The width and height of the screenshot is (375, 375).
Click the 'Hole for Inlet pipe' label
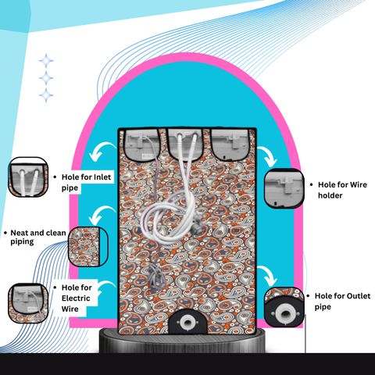pos(86,182)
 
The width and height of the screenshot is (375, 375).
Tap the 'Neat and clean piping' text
pos(38,237)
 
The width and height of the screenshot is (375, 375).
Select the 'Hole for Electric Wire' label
pos(77,298)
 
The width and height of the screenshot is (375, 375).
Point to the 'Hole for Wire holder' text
pos(342,190)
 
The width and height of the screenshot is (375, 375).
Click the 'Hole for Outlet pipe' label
pos(342,301)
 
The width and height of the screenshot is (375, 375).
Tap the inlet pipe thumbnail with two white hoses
pos(28,177)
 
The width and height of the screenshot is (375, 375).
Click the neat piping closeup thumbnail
pos(88,247)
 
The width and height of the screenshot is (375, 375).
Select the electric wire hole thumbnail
pos(28,303)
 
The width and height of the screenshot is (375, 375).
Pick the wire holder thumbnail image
pos(284,188)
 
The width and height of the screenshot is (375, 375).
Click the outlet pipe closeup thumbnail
pos(284,307)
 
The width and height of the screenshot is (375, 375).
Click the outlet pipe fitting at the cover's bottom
pos(187,322)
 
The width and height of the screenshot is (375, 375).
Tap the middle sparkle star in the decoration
pos(46,78)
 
